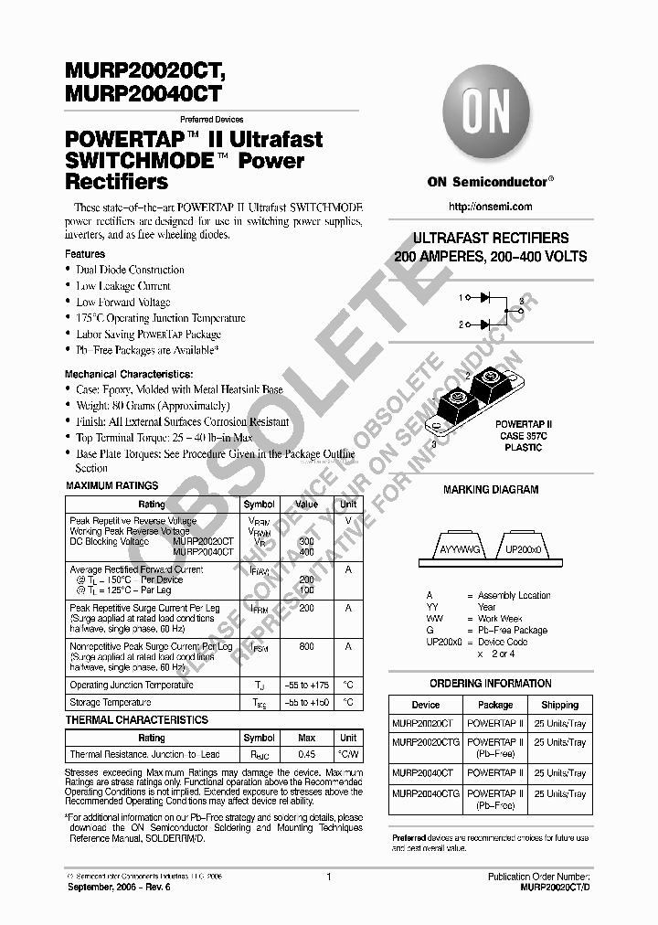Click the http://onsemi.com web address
490,208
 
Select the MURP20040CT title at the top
143,90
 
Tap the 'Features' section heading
85,253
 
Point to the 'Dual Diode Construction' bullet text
130,270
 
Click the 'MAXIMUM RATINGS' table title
112,485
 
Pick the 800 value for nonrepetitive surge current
306,646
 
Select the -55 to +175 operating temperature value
306,685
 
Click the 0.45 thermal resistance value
306,754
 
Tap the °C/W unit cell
348,754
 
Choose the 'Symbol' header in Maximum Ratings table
259,505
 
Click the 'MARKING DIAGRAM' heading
491,490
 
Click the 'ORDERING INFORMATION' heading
491,684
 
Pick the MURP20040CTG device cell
426,794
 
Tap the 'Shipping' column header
559,705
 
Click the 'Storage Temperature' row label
111,702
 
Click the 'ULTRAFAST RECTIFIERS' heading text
491,238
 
